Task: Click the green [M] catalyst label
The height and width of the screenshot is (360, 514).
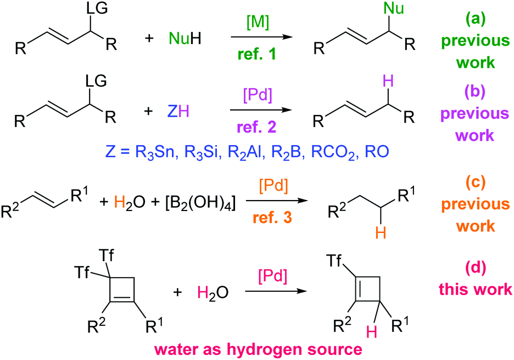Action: coord(258,23)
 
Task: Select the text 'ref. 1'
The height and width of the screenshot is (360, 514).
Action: coord(257,54)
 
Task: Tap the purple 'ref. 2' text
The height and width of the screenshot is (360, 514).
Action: coord(256,126)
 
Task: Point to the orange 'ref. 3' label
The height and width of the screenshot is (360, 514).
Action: coord(272,217)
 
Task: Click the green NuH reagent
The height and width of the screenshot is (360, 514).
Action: coord(185,38)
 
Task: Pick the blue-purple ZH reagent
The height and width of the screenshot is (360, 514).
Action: coord(178,111)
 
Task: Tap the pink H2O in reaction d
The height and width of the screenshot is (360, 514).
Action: coord(213,292)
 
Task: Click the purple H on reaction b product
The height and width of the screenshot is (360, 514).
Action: coord(388,81)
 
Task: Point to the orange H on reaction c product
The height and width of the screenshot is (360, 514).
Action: coord(381,232)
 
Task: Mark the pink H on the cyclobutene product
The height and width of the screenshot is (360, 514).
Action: coord(371,332)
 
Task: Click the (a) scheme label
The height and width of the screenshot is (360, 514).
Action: coord(476,19)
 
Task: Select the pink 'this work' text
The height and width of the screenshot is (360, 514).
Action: coord(476,289)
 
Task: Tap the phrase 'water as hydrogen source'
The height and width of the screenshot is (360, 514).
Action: coord(258,349)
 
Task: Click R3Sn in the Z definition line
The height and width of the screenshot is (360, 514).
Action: coord(154,152)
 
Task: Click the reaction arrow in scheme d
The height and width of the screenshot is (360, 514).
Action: coord(276,291)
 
